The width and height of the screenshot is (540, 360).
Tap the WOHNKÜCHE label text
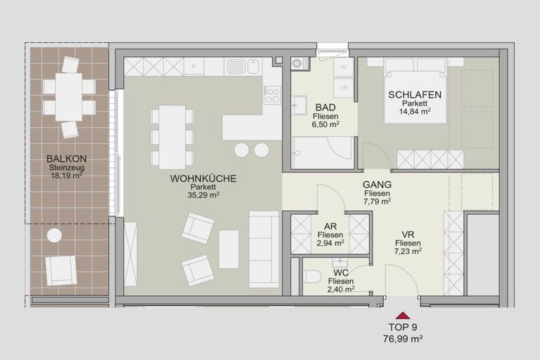point(203,179)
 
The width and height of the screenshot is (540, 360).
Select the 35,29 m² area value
point(203,195)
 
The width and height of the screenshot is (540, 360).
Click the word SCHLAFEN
point(414,94)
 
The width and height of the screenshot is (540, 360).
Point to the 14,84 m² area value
point(414,111)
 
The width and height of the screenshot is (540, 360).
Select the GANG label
point(377,185)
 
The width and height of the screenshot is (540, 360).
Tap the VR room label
point(407,234)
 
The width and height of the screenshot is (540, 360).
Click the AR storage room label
point(330,226)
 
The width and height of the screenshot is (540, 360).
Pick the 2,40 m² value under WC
point(340,289)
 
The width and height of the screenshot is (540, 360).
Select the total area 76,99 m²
point(401,339)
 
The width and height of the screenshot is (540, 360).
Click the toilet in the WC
point(311,276)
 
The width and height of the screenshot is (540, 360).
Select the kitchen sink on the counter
point(236,67)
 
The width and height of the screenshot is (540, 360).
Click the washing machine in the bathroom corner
point(300,63)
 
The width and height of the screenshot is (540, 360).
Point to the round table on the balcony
point(54,235)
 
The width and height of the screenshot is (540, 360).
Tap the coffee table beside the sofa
point(229,249)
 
